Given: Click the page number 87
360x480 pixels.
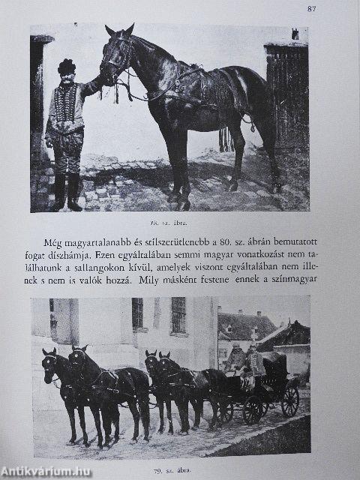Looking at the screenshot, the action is coord(312,9).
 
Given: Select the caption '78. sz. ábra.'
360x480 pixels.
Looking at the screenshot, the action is coord(168,223).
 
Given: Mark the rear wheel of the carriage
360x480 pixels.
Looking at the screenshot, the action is coord(289,402).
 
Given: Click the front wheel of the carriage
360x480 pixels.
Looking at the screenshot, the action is coord(253,409).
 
